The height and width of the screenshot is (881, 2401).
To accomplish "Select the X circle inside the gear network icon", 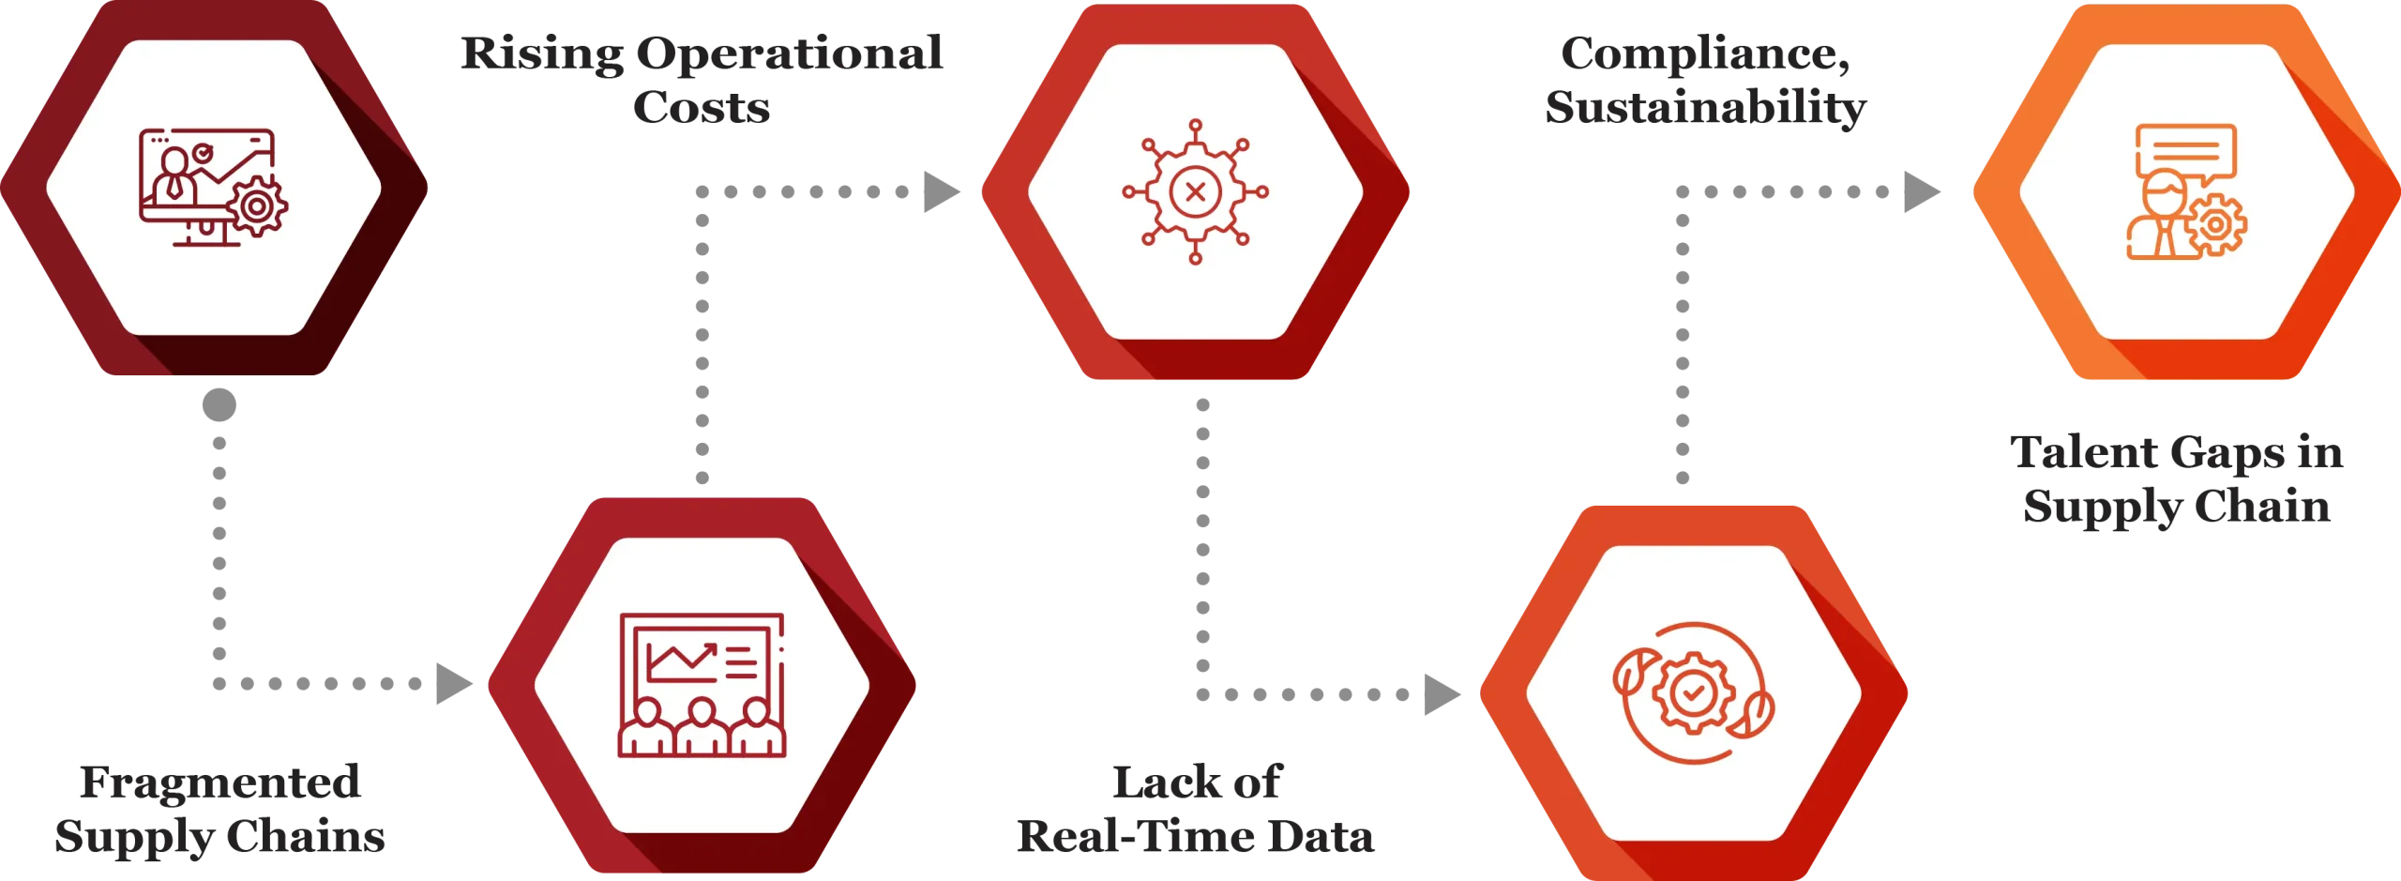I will (x=1195, y=192).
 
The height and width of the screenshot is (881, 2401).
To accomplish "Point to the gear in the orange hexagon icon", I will (x=2216, y=225).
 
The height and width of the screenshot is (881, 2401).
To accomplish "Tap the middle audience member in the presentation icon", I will (x=702, y=727).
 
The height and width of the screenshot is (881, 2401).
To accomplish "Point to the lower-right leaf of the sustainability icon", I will (x=1754, y=715).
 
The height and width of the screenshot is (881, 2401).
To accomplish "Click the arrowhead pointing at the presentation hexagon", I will (x=455, y=684).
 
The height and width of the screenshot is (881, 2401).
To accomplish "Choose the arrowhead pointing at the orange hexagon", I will (x=1917, y=192).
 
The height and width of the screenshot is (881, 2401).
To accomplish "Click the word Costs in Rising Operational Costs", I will (x=701, y=107).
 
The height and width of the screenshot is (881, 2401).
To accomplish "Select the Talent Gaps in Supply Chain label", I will (x=2174, y=481).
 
